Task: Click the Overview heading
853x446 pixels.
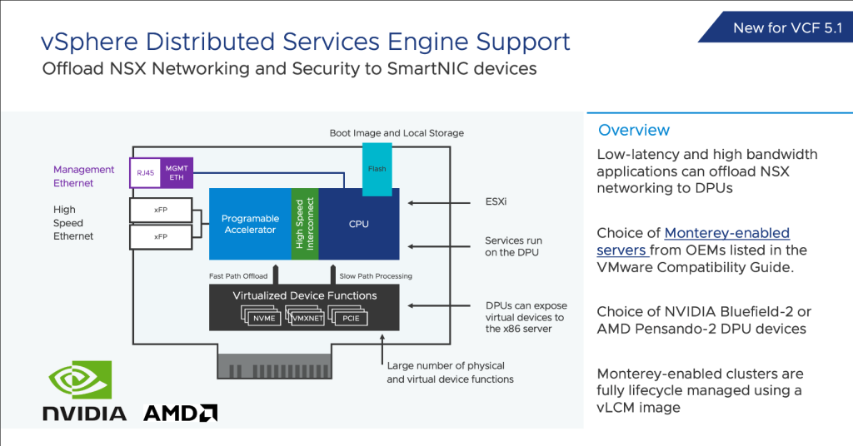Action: click(634, 130)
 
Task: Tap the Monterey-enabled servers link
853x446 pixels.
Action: click(693, 241)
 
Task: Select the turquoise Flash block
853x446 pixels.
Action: click(377, 170)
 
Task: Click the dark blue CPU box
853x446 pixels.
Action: click(358, 224)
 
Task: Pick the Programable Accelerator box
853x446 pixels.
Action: click(250, 224)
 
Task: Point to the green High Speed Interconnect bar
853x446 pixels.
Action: click(305, 224)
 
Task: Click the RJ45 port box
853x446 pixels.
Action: click(145, 172)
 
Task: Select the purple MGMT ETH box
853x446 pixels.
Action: click(177, 172)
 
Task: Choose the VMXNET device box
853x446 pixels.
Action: click(307, 318)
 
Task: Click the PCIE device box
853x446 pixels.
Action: click(351, 318)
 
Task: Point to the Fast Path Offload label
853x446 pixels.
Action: click(238, 276)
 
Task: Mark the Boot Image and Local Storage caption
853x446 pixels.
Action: click(397, 133)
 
